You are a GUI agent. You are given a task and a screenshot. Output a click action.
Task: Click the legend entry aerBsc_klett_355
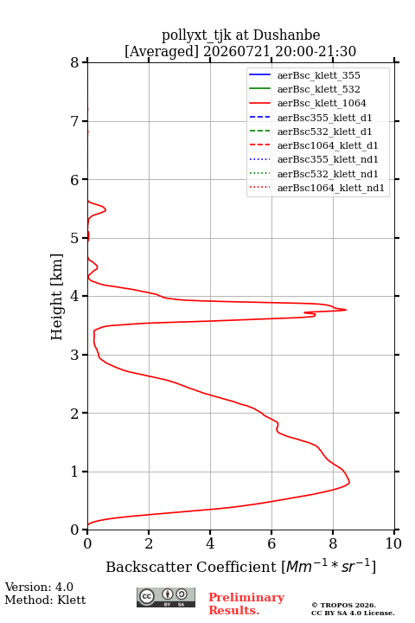coord(304,75)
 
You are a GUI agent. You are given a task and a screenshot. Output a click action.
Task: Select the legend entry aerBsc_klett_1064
coord(308,103)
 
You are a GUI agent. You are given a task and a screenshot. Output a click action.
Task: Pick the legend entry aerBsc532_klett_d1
coord(310,132)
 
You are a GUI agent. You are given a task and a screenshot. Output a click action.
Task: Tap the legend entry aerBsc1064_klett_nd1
coord(316,188)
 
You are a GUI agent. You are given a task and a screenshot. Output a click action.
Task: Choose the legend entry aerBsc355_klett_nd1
coord(313,160)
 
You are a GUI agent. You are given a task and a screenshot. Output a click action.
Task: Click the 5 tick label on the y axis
coord(75,238)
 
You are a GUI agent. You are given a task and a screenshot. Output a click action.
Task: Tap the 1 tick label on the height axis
coord(75,472)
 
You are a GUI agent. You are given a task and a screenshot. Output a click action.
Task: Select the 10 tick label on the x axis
coord(394,543)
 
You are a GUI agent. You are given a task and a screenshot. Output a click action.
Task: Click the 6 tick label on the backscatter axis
coord(271,543)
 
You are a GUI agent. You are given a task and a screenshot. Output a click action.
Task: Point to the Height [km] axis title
coord(56,297)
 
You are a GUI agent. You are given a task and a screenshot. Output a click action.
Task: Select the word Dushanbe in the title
coord(287,35)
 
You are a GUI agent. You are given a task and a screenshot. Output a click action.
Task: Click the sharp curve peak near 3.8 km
coord(346,310)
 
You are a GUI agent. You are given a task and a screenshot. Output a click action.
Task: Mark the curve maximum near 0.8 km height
coord(349,482)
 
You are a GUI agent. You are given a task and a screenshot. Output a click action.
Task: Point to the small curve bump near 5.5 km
coord(105,209)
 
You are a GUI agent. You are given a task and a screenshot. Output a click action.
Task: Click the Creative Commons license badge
coord(166,597)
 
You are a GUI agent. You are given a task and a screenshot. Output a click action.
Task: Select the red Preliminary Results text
coord(246,604)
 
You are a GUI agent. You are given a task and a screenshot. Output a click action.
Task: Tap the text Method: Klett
coord(45,600)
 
